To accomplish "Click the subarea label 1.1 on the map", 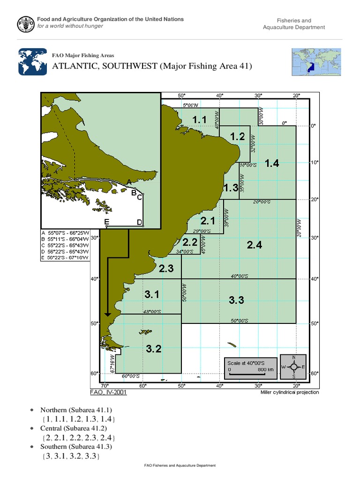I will coord(199,120).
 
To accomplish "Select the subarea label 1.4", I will coord(272,163).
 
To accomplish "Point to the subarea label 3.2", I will coord(154,348).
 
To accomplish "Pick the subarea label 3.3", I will coord(236,300).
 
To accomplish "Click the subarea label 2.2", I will coord(190,242).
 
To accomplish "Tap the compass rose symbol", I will coord(293,366).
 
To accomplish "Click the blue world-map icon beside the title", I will coord(32,61).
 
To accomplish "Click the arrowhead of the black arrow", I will coord(108,314).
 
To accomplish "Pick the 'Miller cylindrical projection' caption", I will coord(290,392).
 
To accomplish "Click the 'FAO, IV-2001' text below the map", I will coord(108,392).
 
